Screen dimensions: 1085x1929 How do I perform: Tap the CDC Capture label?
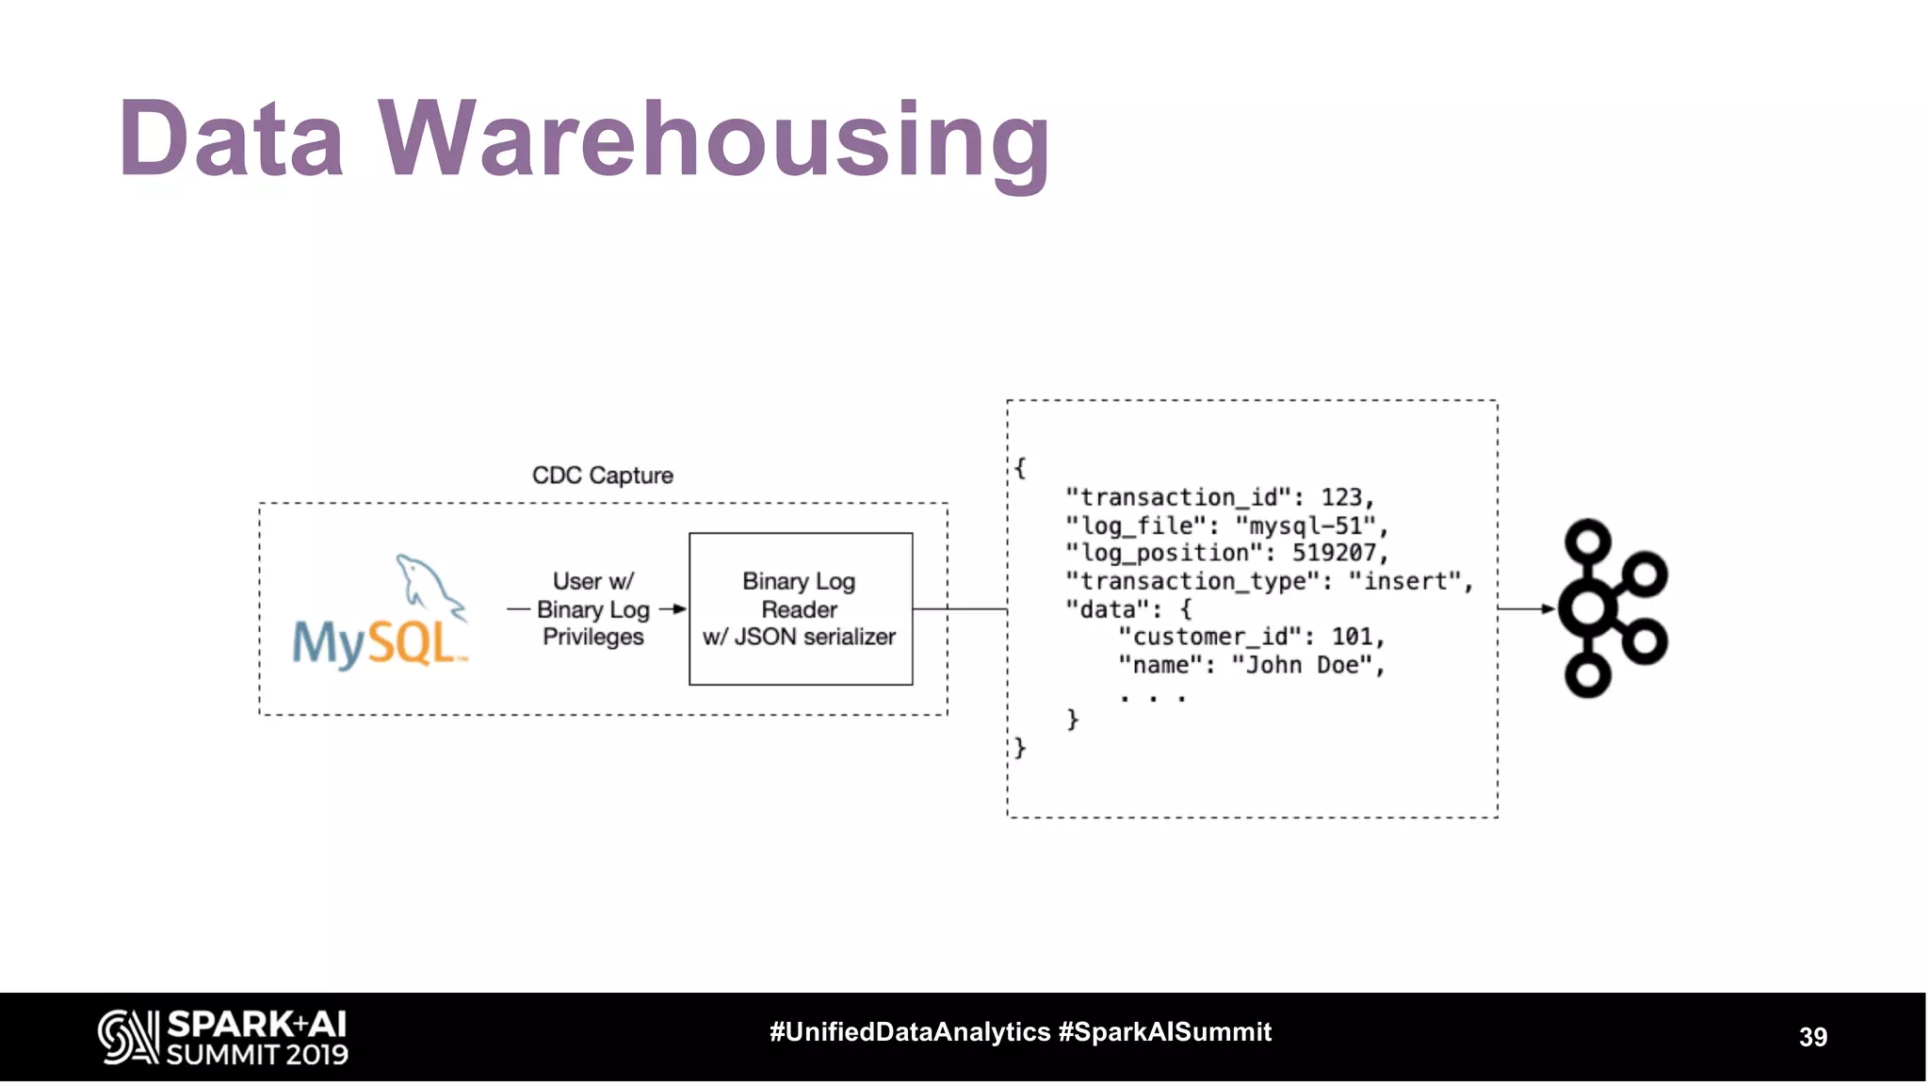pyautogui.click(x=603, y=476)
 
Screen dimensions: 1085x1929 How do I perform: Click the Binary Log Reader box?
pyautogui.click(x=801, y=608)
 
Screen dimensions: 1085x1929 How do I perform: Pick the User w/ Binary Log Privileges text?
pyautogui.click(x=593, y=609)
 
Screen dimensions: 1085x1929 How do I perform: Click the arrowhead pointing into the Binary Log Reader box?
pyautogui.click(x=680, y=609)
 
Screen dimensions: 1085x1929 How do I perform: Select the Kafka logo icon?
pyautogui.click(x=1612, y=607)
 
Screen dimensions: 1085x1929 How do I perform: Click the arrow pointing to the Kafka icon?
pyautogui.click(x=1545, y=609)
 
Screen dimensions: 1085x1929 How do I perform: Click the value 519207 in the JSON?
pyautogui.click(x=1334, y=553)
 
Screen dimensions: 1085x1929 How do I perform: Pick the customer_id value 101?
pyautogui.click(x=1353, y=637)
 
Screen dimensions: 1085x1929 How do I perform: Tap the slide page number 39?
pyautogui.click(x=1812, y=1037)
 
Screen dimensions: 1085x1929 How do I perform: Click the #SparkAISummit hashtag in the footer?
pyautogui.click(x=1165, y=1032)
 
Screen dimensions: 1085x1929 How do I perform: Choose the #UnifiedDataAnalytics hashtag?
pyautogui.click(x=910, y=1032)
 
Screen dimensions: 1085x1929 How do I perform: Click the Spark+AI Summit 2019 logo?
pyautogui.click(x=223, y=1037)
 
